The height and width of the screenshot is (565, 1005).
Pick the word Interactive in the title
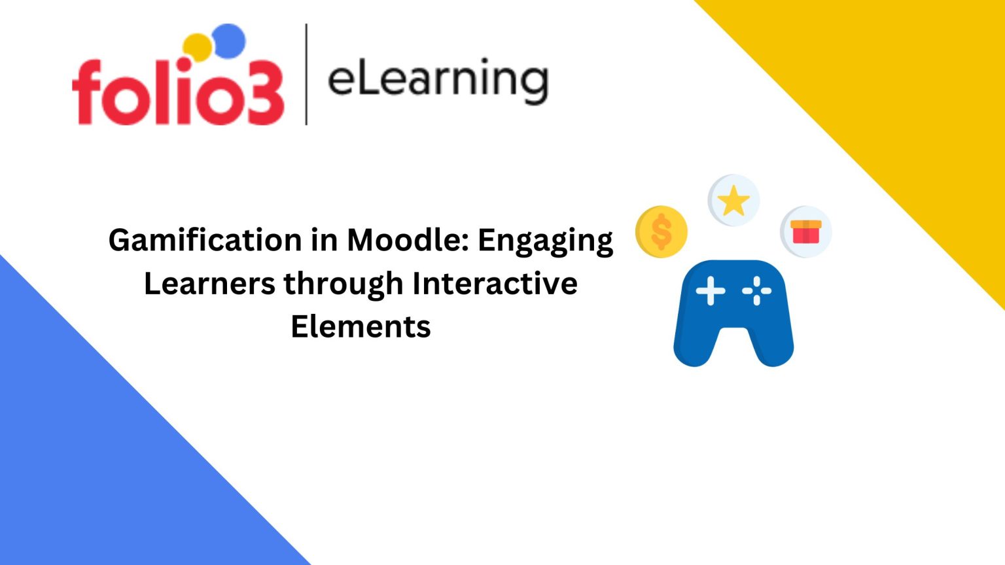click(x=495, y=284)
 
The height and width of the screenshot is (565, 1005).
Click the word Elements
click(x=361, y=326)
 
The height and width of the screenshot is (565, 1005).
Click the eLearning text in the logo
click(x=437, y=80)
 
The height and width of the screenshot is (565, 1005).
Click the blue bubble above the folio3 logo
click(x=229, y=41)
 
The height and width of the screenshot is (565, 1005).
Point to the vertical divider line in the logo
click(x=306, y=74)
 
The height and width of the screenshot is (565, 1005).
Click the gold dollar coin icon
click(x=661, y=231)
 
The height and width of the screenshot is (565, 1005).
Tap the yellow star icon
click(x=733, y=200)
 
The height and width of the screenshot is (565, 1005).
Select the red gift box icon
click(x=805, y=232)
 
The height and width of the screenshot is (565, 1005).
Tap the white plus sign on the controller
click(x=711, y=291)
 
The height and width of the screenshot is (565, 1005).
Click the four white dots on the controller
click(x=757, y=291)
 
